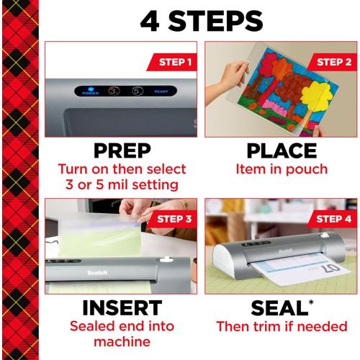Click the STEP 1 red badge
[171, 62]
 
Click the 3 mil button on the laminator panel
[113, 91]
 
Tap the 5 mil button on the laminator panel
[137, 91]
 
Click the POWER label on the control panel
[90, 92]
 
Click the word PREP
[122, 152]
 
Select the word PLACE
[281, 152]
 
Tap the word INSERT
[122, 307]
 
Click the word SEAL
[278, 307]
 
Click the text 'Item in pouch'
[282, 170]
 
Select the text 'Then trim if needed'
[282, 326]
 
